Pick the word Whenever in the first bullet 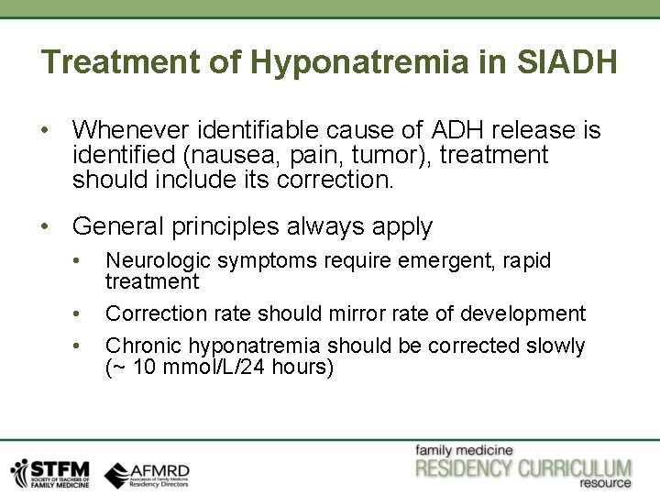click(x=127, y=130)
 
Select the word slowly click(x=555, y=346)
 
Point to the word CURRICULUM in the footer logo click(x=575, y=469)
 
